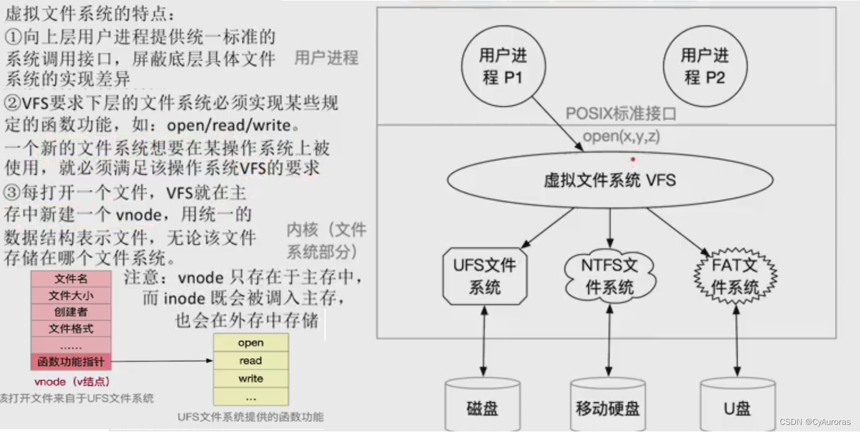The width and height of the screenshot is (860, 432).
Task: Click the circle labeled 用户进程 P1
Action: click(503, 67)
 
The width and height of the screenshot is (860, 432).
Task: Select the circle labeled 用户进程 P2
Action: click(704, 67)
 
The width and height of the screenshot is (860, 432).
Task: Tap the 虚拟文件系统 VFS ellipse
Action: click(610, 180)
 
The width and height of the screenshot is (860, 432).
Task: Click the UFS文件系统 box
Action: click(485, 276)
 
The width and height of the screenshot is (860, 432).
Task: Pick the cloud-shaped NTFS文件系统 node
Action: click(610, 276)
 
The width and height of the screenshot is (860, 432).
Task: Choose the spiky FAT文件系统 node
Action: click(735, 276)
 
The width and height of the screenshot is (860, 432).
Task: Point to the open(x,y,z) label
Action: click(621, 136)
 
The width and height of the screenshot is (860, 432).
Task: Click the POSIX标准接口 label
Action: click(620, 113)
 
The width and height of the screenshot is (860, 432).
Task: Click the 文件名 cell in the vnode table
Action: click(71, 279)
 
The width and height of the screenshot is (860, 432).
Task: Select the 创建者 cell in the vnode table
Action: click(71, 312)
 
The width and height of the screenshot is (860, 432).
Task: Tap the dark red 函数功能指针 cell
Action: click(71, 361)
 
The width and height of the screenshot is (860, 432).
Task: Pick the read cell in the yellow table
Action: click(251, 361)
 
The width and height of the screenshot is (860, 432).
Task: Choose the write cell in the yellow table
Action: click(251, 379)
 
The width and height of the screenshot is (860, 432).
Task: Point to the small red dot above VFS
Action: click(634, 159)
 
